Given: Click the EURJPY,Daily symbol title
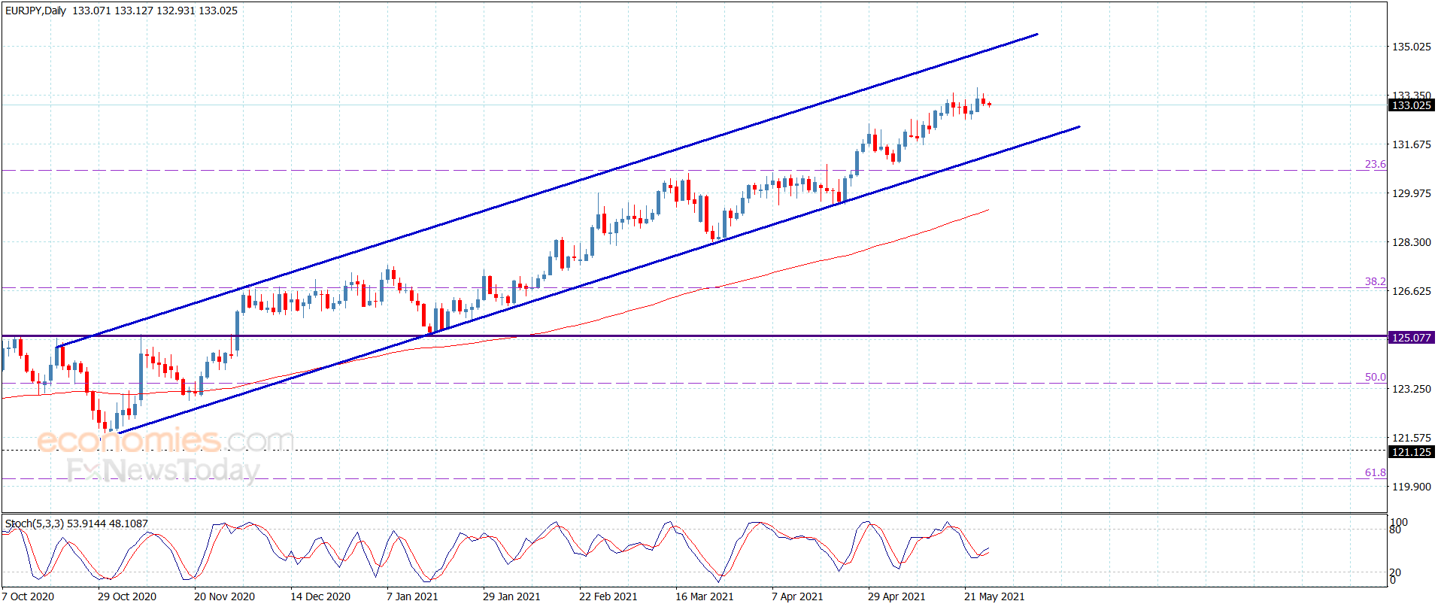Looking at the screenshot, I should coord(35,11).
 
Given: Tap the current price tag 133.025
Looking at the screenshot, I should coord(1411,105).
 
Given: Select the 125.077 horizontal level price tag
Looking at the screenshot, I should coord(1411,338).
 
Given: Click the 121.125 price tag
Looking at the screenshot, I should coord(1411,452).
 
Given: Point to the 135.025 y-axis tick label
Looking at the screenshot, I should coord(1411,47).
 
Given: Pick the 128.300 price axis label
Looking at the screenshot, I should coord(1411,242).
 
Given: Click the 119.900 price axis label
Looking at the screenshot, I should coord(1411,487).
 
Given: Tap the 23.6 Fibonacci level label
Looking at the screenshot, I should coord(1375,164).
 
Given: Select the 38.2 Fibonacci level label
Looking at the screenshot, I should coord(1375,281).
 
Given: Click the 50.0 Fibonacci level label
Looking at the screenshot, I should coord(1375,377).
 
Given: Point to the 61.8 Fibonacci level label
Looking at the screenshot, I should coord(1375,472).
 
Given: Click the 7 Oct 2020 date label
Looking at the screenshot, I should coord(28,596).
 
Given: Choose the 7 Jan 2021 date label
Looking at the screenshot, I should coord(411,596).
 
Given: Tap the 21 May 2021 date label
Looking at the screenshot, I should coord(994,596).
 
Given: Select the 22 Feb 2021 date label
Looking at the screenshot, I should coord(608,596).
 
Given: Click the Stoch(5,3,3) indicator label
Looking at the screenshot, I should coord(35,524).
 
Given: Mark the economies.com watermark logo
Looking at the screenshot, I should coord(165,440).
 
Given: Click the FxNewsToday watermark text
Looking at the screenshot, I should coord(163,471).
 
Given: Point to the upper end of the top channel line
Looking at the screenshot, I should coord(1037,34).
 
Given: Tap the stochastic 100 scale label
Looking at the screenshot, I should coord(1399,522).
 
